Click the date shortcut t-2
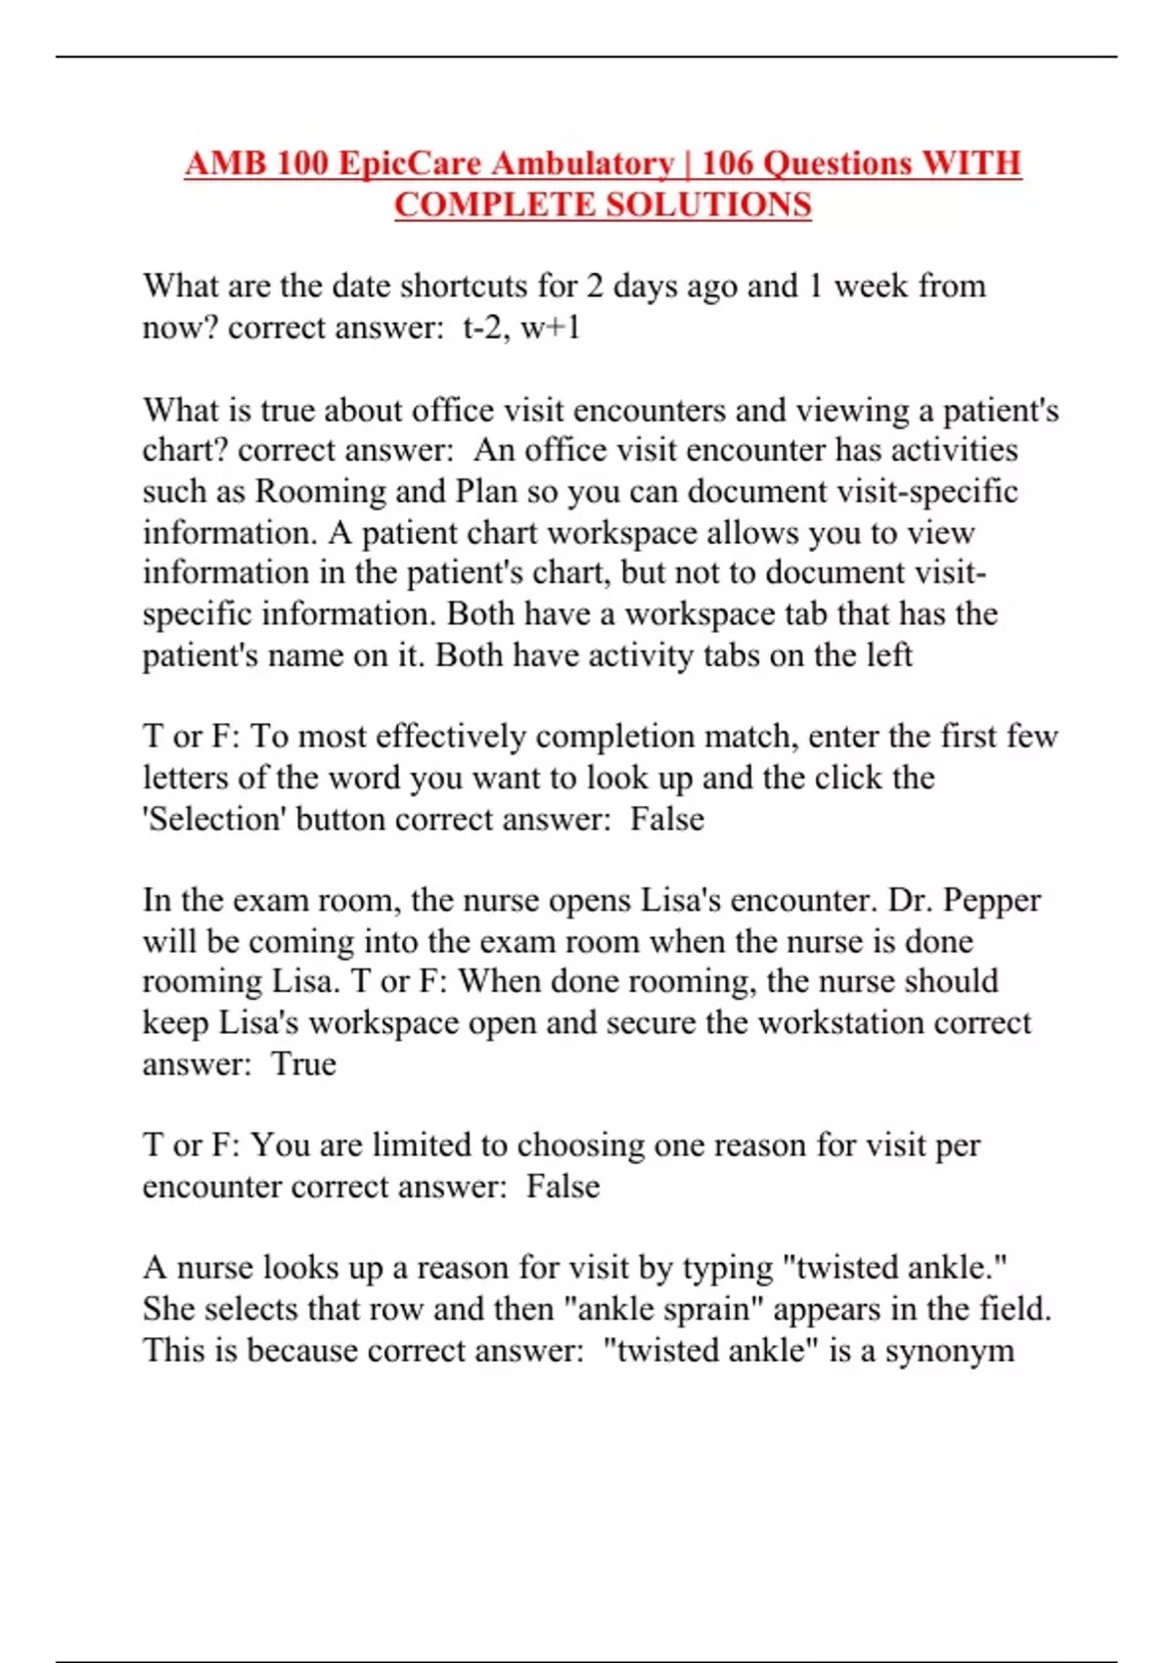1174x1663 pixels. click(x=482, y=327)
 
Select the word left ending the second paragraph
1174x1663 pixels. click(x=889, y=654)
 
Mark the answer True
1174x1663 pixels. click(x=304, y=1063)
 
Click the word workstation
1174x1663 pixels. click(x=840, y=1022)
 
